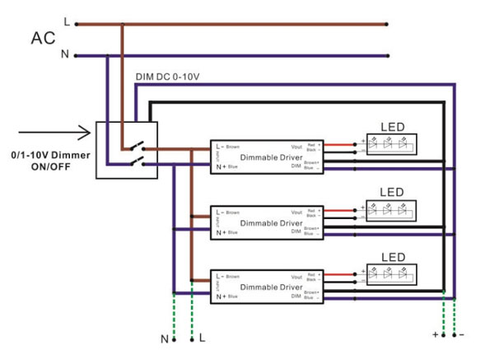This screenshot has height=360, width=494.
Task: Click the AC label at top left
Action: (x=44, y=38)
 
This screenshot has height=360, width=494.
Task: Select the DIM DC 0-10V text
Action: (x=167, y=77)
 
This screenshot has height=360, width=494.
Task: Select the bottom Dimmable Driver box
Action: (x=269, y=286)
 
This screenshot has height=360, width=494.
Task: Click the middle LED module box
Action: (x=391, y=208)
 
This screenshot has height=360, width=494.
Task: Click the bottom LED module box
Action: (x=391, y=274)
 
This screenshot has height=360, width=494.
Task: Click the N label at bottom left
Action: (x=163, y=339)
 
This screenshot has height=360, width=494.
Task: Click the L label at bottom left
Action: (x=202, y=339)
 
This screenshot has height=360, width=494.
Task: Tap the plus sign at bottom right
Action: (x=435, y=334)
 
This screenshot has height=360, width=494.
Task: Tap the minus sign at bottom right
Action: (x=461, y=334)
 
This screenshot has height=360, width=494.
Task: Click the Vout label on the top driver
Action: (x=297, y=145)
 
